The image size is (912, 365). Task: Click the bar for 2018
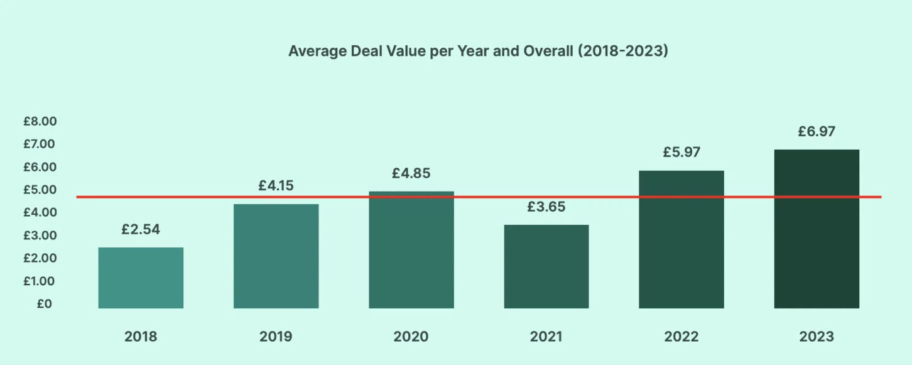point(141,278)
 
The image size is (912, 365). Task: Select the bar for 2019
point(276,256)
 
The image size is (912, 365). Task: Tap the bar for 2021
point(546,266)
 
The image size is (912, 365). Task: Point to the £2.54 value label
point(141,229)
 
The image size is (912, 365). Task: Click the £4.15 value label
point(276,186)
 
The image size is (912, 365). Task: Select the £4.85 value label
point(411,173)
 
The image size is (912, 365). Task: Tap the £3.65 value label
point(546,207)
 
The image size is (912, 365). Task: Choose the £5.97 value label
point(681,153)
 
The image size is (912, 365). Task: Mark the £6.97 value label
point(817,132)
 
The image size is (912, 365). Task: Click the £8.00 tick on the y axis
point(40,121)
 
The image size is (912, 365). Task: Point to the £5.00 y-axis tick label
point(40,190)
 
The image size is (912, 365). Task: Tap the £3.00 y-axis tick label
point(40,236)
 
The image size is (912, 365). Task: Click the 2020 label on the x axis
point(411,337)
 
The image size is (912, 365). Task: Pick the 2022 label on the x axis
point(681,337)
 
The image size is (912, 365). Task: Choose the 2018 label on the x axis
point(141,337)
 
